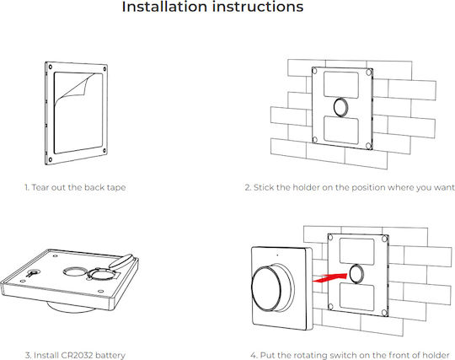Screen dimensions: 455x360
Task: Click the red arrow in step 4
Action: pyautogui.click(x=330, y=278)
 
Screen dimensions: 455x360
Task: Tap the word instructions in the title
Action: pyautogui.click(x=258, y=7)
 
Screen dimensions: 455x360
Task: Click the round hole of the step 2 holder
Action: pyautogui.click(x=342, y=107)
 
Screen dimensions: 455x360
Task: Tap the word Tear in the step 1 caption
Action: pyautogui.click(x=40, y=187)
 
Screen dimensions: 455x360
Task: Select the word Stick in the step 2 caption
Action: pyautogui.click(x=264, y=187)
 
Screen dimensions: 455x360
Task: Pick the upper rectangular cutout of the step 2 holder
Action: pyautogui.click(x=341, y=84)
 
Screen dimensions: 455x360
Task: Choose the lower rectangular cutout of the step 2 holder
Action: pyautogui.click(x=341, y=129)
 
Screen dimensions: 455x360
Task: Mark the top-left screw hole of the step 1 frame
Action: pyautogui.click(x=51, y=67)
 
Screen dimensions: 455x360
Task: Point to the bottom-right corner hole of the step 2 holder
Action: pyautogui.click(x=368, y=146)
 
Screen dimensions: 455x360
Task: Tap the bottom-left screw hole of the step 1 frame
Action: pyautogui.click(x=51, y=159)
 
